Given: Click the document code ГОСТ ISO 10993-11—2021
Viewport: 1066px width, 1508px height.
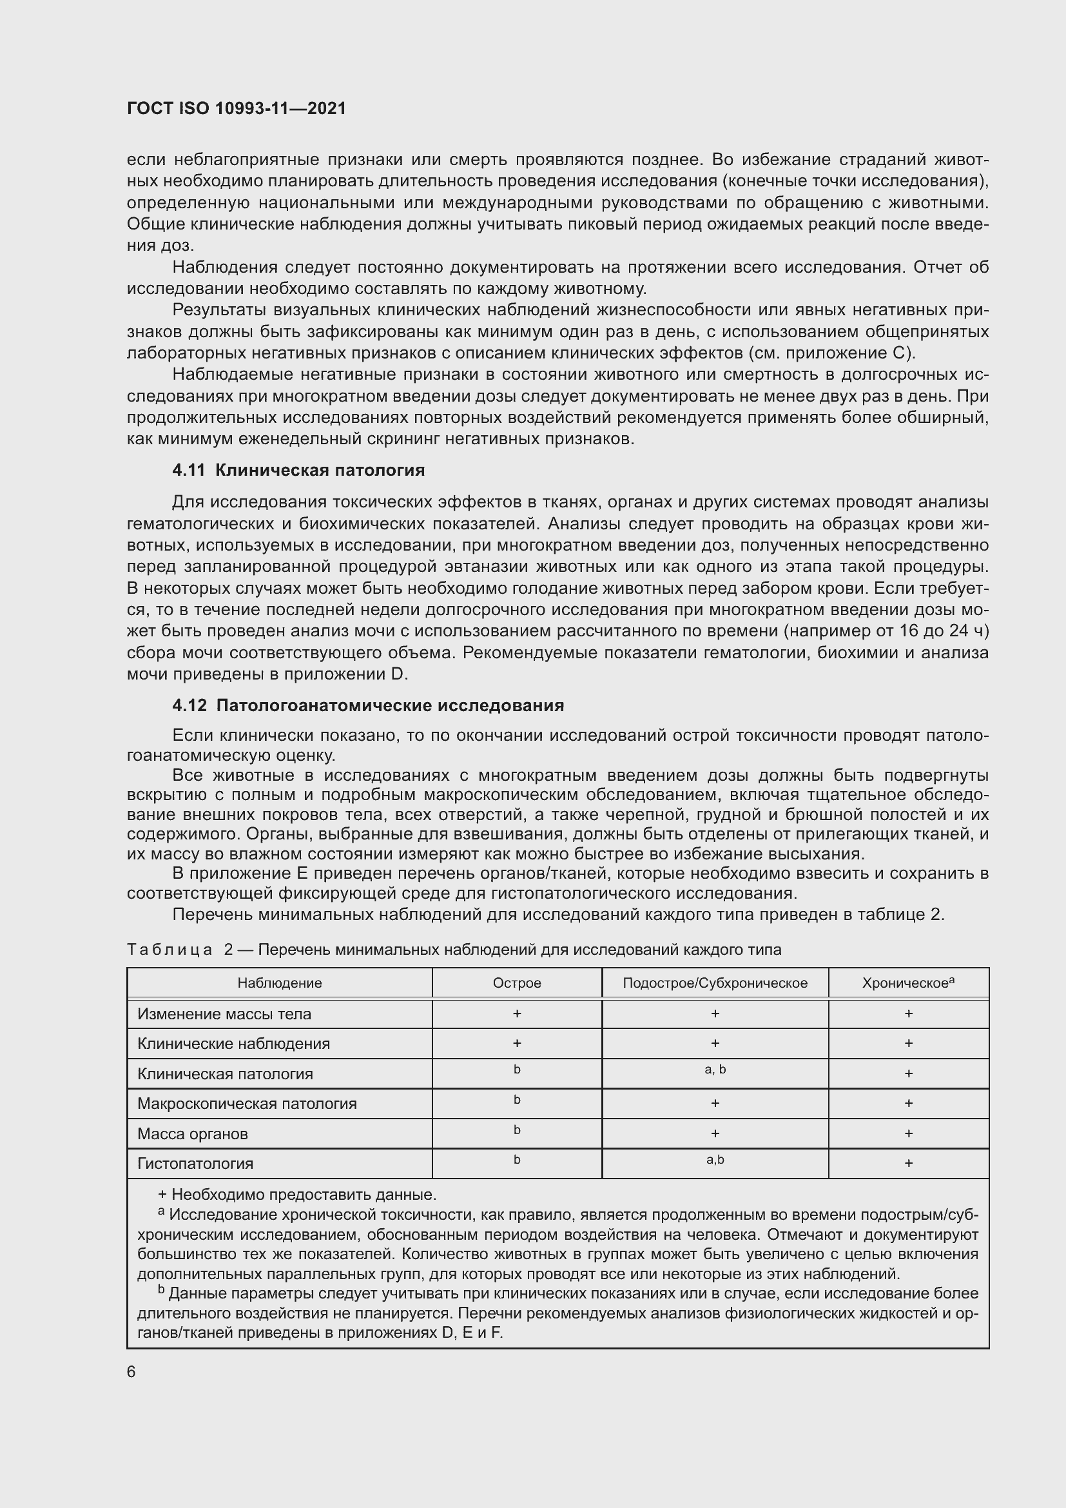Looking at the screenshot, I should point(237,108).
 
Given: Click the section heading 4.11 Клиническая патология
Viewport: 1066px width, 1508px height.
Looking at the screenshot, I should point(298,470).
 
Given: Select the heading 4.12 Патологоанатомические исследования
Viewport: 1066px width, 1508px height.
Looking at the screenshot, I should point(367,705).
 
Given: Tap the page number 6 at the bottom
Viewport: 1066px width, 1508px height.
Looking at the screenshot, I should point(131,1372).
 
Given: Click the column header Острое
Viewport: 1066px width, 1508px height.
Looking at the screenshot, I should point(517,983).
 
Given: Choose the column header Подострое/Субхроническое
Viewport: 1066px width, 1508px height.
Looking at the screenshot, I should point(715,983).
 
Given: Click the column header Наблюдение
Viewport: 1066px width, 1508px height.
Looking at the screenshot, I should point(280,983).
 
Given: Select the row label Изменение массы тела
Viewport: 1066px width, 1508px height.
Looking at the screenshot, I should point(224,1014).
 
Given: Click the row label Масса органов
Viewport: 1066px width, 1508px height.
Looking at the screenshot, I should point(192,1133).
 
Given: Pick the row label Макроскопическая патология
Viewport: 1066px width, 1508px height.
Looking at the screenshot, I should point(247,1103).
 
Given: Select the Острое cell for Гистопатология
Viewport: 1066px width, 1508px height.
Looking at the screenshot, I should point(517,1160).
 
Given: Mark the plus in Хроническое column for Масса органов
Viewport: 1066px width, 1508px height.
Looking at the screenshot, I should point(909,1133).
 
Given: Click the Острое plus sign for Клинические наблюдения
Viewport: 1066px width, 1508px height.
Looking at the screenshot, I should point(517,1044).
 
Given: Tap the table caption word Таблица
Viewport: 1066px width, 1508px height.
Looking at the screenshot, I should point(170,950).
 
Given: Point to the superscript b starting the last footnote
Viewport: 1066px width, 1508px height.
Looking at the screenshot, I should point(162,1290).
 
